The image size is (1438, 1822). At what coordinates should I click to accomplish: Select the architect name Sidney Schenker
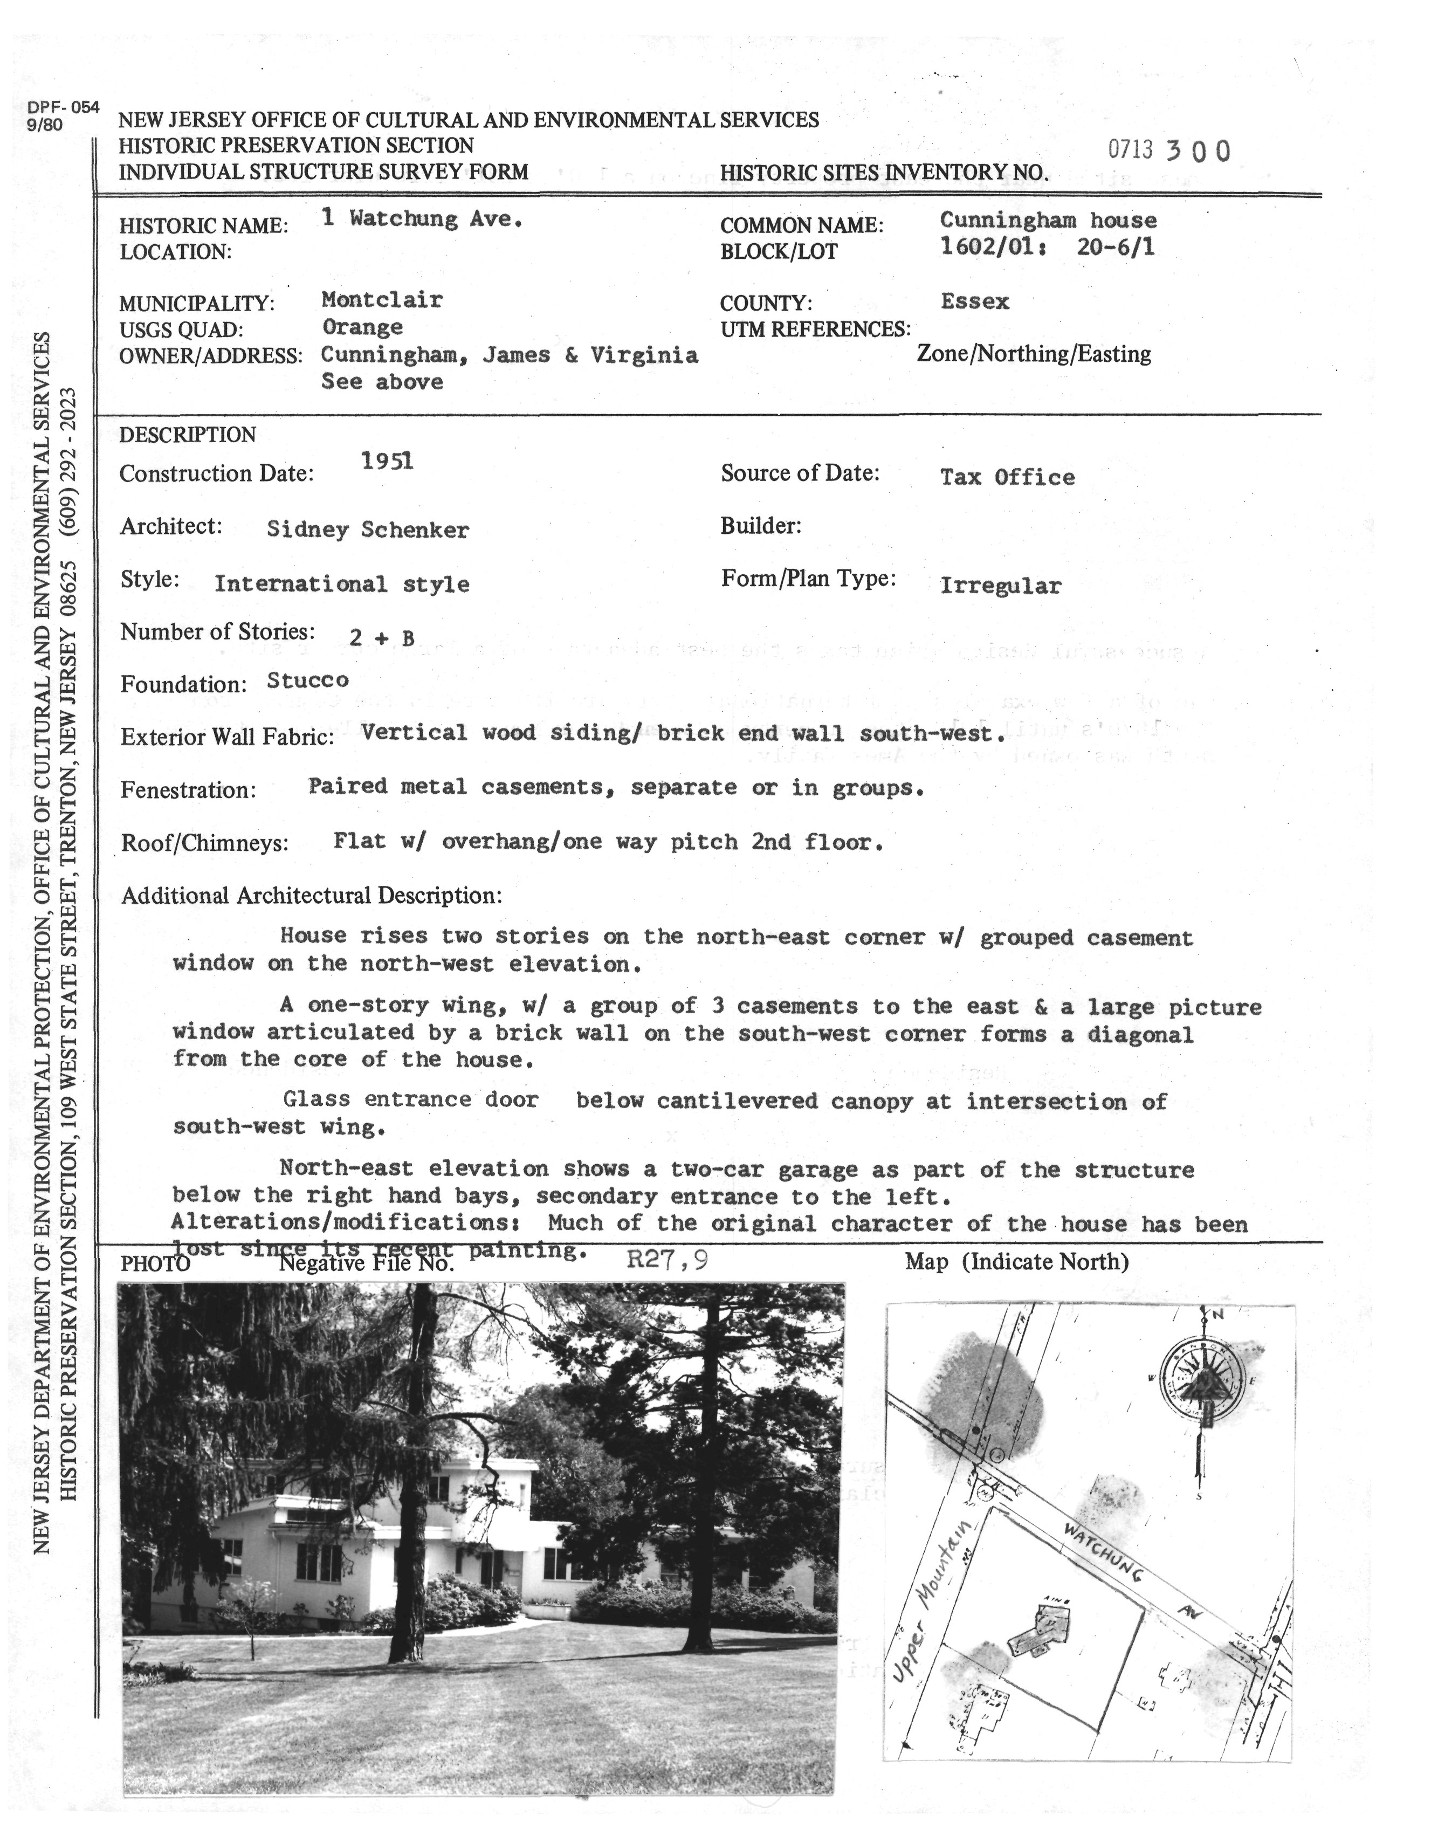[367, 530]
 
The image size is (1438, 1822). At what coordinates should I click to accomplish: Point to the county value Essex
[974, 301]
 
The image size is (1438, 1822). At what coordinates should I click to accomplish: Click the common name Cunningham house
[1048, 221]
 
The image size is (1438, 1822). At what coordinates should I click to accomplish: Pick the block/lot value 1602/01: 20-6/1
[1047, 247]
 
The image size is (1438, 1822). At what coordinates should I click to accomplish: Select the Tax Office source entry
[1007, 477]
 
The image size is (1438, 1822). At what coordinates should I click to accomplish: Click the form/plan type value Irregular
[1000, 586]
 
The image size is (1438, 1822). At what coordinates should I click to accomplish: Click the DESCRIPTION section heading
[187, 435]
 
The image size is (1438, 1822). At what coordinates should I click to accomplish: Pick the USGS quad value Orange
[362, 327]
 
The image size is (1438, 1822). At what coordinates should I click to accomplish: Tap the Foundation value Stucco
[307, 680]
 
